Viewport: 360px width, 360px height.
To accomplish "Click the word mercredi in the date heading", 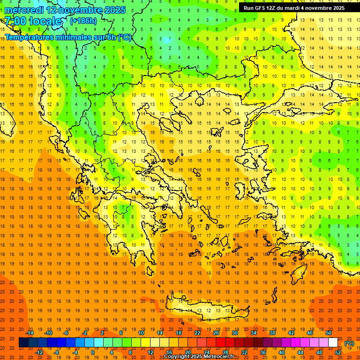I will [24, 10].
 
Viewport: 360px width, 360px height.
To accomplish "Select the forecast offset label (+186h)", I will [83, 21].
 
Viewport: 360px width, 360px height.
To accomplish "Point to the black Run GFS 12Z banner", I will [294, 7].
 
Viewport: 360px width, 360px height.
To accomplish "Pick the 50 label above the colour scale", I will [328, 333].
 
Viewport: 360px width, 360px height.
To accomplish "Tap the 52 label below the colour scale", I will [338, 352].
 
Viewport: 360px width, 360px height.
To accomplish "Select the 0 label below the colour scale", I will [92, 352].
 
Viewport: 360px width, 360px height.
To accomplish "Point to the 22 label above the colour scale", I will [197, 333].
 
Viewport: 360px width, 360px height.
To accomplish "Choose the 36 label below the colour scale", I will [263, 352].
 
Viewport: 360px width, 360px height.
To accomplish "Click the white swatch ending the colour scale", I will [333, 343].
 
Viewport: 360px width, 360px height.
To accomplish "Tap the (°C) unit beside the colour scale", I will [349, 343].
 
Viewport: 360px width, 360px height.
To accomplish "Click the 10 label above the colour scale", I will [141, 333].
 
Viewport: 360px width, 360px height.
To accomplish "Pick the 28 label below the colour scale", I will [225, 352].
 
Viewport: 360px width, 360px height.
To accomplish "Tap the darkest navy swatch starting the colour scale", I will [23, 343].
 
